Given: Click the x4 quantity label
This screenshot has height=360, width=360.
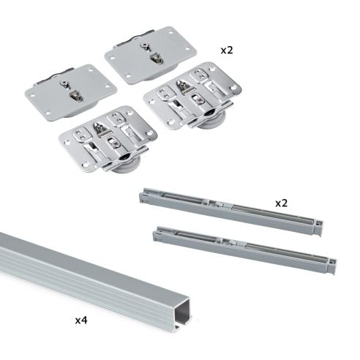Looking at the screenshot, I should tap(83, 320).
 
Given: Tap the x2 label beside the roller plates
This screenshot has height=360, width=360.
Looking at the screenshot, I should tap(228, 50).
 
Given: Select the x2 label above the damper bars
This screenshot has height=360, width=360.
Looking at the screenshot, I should tap(282, 201).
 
